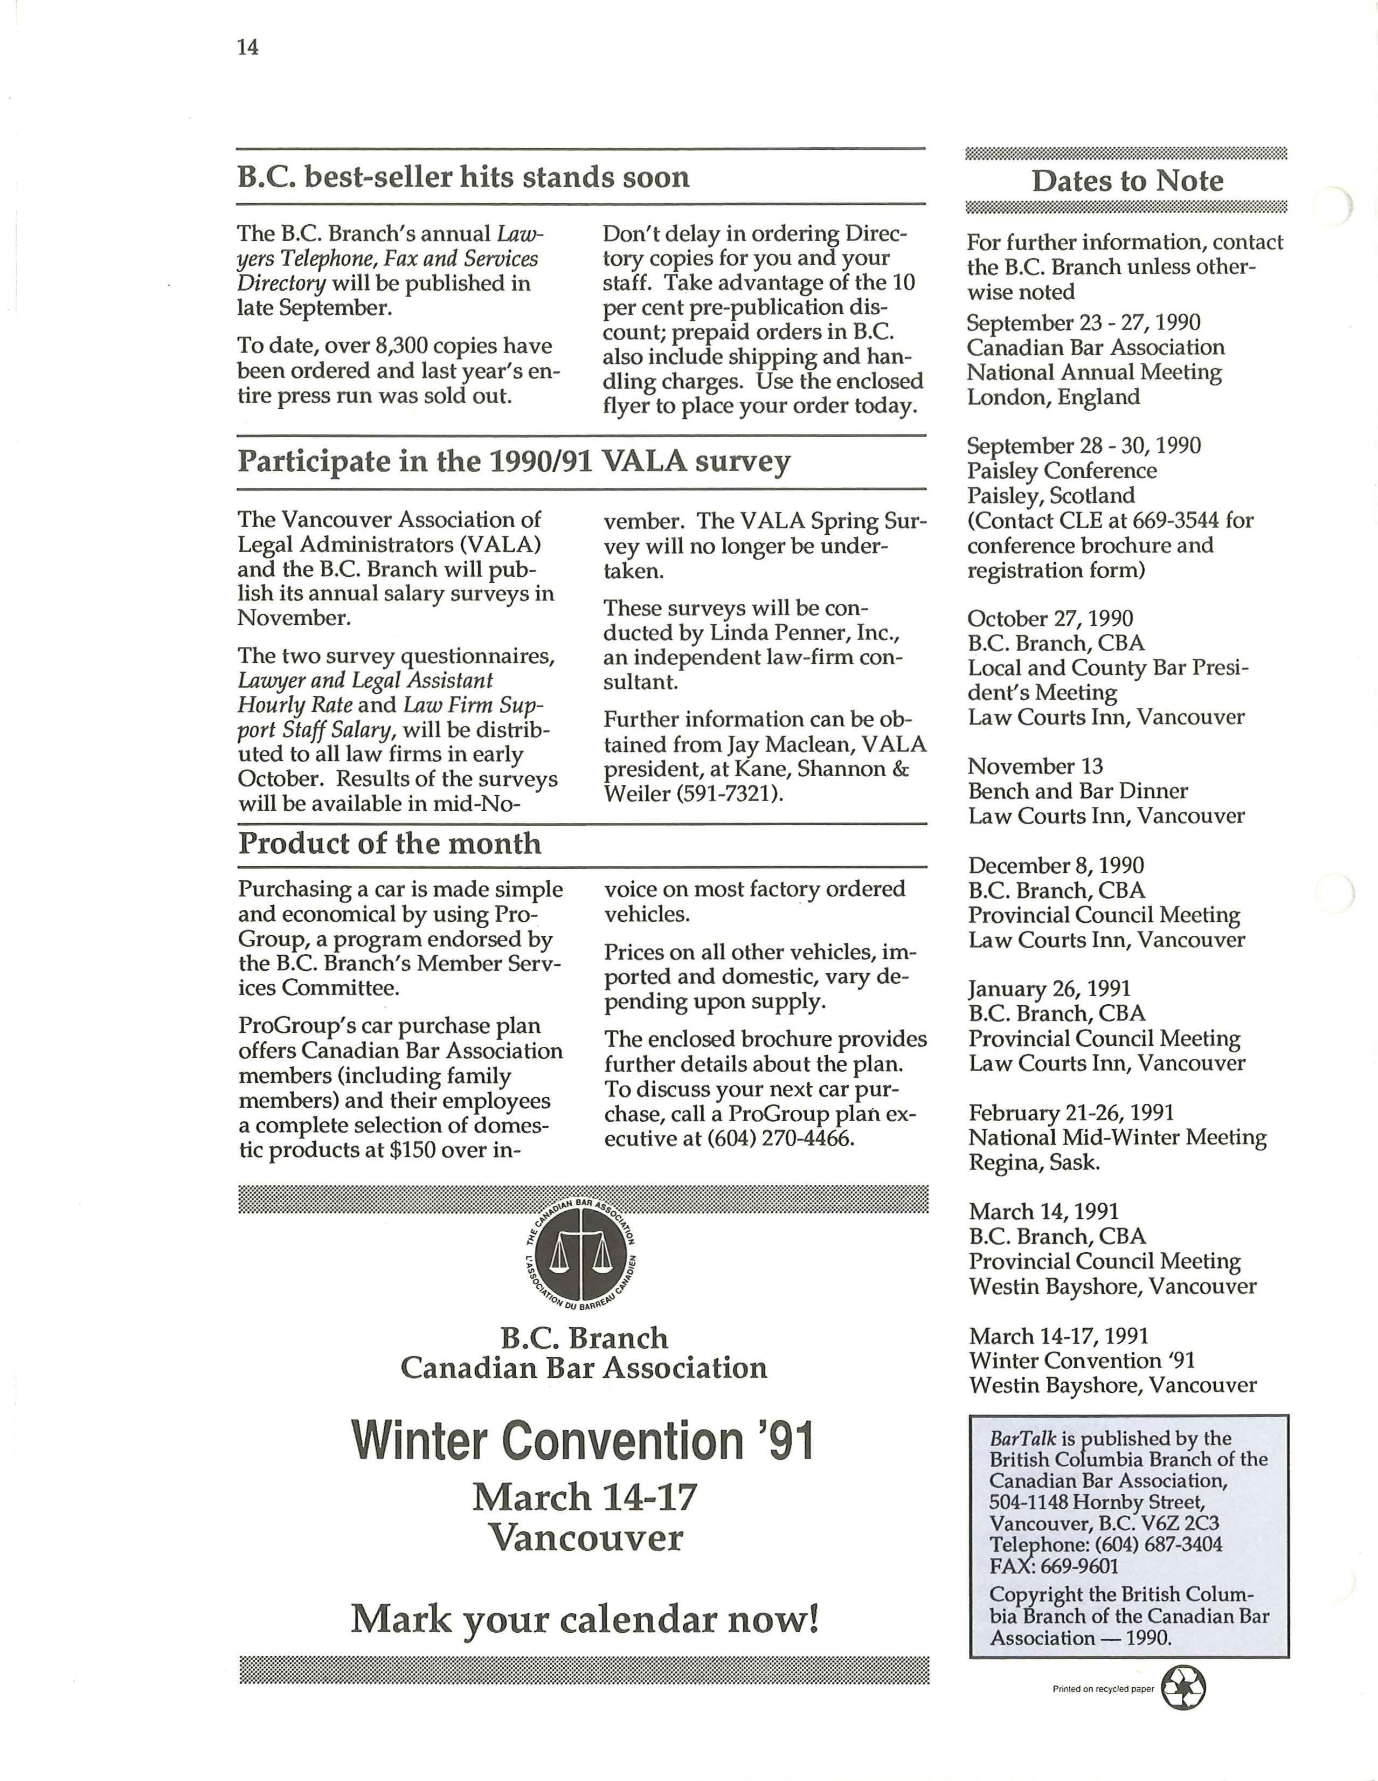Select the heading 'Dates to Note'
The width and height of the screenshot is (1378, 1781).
[1127, 181]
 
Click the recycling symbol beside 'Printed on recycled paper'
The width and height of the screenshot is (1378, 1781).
[1182, 1688]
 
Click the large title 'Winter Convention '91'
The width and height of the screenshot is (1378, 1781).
[582, 1442]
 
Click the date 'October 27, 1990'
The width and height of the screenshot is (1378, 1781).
[1050, 619]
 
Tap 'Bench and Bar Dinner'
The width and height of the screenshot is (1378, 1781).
[1078, 791]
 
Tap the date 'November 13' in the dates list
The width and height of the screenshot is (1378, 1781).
[1035, 767]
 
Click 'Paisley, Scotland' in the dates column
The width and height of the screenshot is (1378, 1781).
[1051, 496]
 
